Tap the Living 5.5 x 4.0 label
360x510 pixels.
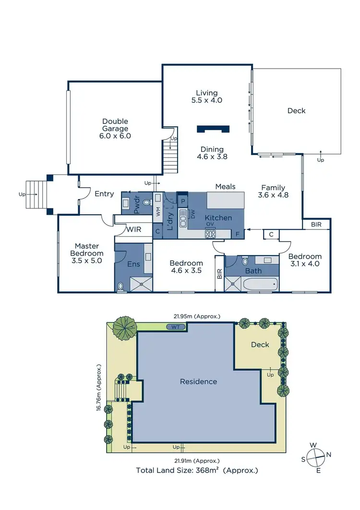[x=206, y=97]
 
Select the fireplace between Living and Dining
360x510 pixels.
[x=213, y=129]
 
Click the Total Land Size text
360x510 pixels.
[x=197, y=470]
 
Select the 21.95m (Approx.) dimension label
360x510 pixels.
[x=197, y=316]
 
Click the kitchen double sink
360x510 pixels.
[x=182, y=218]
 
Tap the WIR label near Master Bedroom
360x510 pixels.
[x=133, y=230]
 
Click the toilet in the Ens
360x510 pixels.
[x=120, y=287]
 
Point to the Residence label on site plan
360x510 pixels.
[x=198, y=382]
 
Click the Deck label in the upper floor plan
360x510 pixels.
[x=296, y=111]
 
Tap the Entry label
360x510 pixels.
[x=104, y=194]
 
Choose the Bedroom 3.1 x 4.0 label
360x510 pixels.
[x=305, y=260]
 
